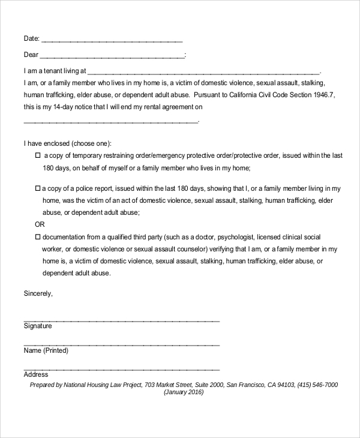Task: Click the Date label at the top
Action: (x=31, y=39)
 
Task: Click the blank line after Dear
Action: (x=113, y=56)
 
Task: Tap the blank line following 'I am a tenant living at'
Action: (x=204, y=71)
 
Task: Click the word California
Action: (x=241, y=95)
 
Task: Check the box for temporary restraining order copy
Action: (x=37, y=155)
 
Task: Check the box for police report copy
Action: (x=37, y=188)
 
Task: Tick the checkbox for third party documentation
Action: (x=37, y=237)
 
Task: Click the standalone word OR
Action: (x=40, y=224)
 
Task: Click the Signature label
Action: (x=38, y=326)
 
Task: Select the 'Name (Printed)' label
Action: (x=46, y=350)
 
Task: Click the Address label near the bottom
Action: (x=36, y=374)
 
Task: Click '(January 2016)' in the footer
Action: (x=183, y=392)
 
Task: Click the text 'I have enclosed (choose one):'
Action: (x=68, y=144)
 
